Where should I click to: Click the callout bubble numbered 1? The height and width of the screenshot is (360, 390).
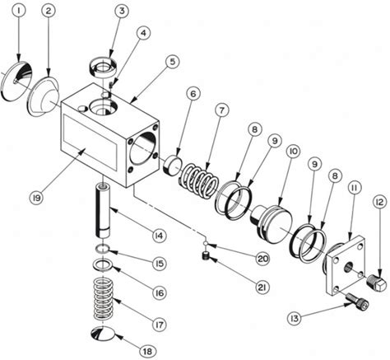pyautogui.click(x=19, y=10)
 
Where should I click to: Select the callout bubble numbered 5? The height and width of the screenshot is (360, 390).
pyautogui.click(x=172, y=61)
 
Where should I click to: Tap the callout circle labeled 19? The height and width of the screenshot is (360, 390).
pyautogui.click(x=37, y=197)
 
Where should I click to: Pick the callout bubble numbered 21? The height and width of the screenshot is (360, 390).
pyautogui.click(x=262, y=287)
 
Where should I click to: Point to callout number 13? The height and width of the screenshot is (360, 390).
pyautogui.click(x=294, y=319)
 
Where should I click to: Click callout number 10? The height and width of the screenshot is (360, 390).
pyautogui.click(x=293, y=151)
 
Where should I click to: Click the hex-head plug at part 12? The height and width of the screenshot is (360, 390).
pyautogui.click(x=377, y=282)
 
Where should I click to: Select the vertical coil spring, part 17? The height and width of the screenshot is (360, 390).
pyautogui.click(x=104, y=298)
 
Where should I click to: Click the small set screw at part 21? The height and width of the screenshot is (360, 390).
pyautogui.click(x=206, y=256)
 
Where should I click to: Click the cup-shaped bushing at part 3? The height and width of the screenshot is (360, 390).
pyautogui.click(x=104, y=68)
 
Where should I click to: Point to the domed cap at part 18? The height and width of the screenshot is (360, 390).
pyautogui.click(x=103, y=334)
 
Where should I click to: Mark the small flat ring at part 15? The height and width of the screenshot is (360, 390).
pyautogui.click(x=103, y=249)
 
